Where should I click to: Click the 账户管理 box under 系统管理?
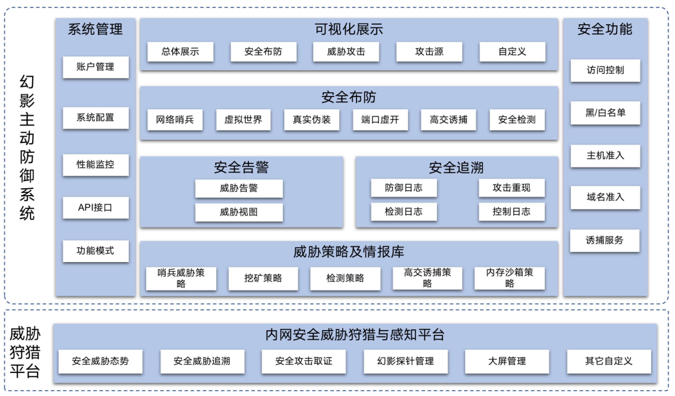pyautogui.click(x=96, y=67)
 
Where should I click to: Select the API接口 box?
pyautogui.click(x=96, y=208)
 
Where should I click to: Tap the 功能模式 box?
pyautogui.click(x=96, y=251)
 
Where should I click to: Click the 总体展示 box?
pyautogui.click(x=180, y=52)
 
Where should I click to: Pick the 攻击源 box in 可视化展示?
pyautogui.click(x=429, y=52)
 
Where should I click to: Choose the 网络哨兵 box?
pyautogui.click(x=175, y=120)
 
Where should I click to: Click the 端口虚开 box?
pyautogui.click(x=380, y=120)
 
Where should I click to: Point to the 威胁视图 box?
pyautogui.click(x=239, y=212)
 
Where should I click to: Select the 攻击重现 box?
pyautogui.click(x=511, y=188)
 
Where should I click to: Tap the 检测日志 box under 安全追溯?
pyautogui.click(x=404, y=212)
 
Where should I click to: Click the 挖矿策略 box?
pyautogui.click(x=263, y=278)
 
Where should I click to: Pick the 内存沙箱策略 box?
pyautogui.click(x=509, y=278)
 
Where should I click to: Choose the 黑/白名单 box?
pyautogui.click(x=605, y=113)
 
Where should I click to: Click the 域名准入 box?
pyautogui.click(x=605, y=197)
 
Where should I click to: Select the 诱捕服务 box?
pyautogui.click(x=605, y=240)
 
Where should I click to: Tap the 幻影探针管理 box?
pyautogui.click(x=406, y=361)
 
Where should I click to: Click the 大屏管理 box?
pyautogui.click(x=507, y=361)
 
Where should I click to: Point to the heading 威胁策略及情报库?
pyautogui.click(x=349, y=252)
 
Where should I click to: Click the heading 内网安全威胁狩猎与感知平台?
pyautogui.click(x=355, y=335)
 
